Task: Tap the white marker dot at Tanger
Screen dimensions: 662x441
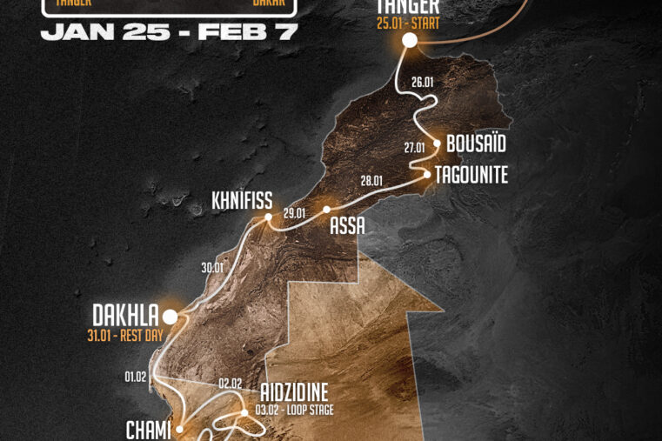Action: pyautogui.click(x=409, y=40)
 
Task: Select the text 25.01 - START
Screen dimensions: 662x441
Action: pyautogui.click(x=408, y=23)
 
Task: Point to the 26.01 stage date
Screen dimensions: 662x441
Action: pyautogui.click(x=423, y=82)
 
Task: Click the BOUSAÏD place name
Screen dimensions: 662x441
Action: pyautogui.click(x=476, y=144)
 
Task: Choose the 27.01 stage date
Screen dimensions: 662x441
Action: pyautogui.click(x=415, y=147)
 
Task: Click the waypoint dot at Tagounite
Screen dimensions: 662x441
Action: pyautogui.click(x=427, y=174)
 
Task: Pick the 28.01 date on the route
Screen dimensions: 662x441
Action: pyautogui.click(x=371, y=181)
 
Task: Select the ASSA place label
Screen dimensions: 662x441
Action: pyautogui.click(x=347, y=226)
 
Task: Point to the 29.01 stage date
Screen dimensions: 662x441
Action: pyautogui.click(x=295, y=213)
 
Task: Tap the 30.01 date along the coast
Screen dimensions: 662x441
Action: pyautogui.click(x=213, y=268)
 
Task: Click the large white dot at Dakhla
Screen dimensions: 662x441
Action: pyautogui.click(x=170, y=316)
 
